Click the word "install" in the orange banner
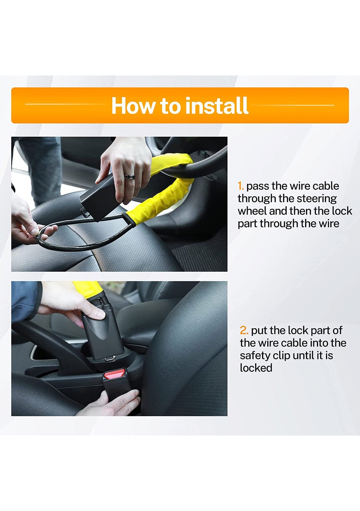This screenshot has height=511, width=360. pos(216,105)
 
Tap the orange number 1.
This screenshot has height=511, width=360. pos(240,186)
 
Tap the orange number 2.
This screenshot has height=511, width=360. pos(244,331)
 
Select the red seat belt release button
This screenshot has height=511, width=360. pos(115,374)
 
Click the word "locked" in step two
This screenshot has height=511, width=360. pos(256,368)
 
